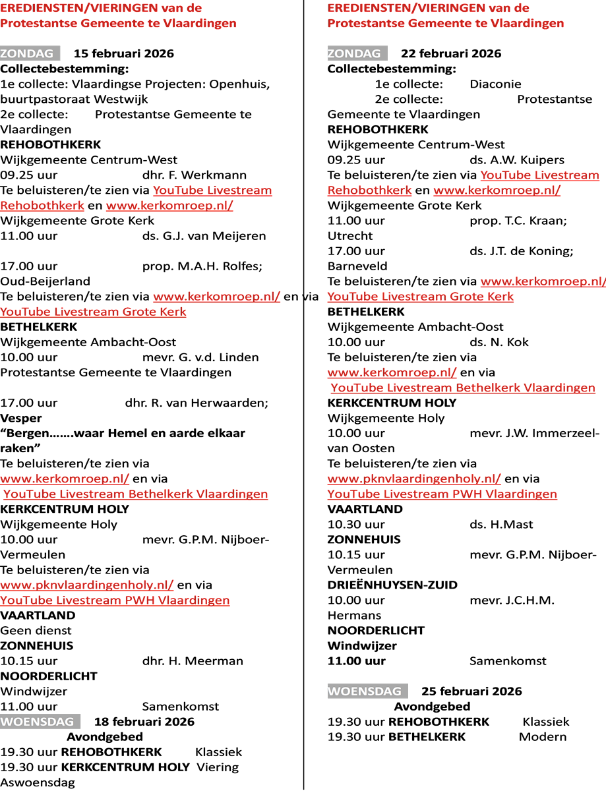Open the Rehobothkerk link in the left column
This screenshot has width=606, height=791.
tap(42, 206)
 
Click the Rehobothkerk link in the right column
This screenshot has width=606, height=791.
tap(369, 191)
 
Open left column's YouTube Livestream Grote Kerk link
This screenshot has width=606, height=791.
tap(93, 312)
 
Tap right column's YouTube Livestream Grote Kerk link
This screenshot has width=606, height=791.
tap(420, 297)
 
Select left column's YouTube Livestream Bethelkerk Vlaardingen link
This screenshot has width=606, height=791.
tap(136, 494)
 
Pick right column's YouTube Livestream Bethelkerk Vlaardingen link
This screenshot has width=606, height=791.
tap(463, 388)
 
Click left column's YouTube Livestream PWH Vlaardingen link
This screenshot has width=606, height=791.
tap(115, 601)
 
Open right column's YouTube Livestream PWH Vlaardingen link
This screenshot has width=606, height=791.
tap(442, 494)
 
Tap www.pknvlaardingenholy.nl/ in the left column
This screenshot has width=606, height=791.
tap(87, 585)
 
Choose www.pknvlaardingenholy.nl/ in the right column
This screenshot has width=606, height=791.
tap(414, 479)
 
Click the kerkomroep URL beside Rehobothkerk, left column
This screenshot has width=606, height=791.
tap(169, 206)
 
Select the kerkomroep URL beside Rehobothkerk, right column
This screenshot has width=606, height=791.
tap(497, 191)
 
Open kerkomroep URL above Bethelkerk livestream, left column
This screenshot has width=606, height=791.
tap(65, 479)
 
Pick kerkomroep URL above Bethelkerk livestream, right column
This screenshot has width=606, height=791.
tap(392, 373)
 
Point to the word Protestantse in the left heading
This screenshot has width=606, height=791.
tap(34, 24)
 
